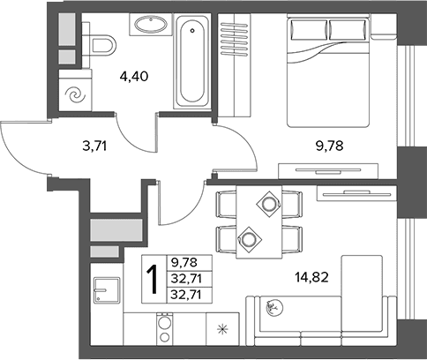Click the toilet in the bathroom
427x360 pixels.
point(100,46)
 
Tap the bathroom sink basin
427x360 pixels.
point(151,24)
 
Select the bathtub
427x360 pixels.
point(192,62)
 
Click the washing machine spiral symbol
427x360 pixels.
point(75,95)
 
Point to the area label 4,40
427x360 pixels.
point(134,77)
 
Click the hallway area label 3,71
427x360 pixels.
point(94,146)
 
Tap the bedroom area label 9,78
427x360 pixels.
point(330,146)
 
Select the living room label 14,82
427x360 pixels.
point(311,277)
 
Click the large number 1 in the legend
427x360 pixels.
point(154,279)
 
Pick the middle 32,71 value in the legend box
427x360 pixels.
point(186,278)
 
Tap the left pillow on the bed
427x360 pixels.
point(309,30)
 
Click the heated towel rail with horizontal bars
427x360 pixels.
point(235,39)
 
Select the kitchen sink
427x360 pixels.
point(107,290)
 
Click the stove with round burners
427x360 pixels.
point(163,329)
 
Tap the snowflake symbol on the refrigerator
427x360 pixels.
point(222,329)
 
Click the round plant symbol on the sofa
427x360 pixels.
point(274,308)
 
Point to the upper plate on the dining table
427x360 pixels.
point(268,204)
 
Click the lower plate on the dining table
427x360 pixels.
point(249,239)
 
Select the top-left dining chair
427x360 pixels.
point(227,204)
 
